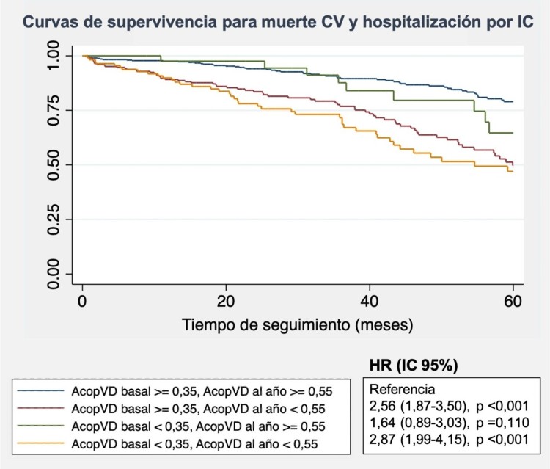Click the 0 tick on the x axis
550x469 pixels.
[x=83, y=300]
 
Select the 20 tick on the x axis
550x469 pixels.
[x=226, y=300]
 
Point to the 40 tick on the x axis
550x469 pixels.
[x=370, y=300]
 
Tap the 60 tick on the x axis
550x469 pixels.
[x=513, y=300]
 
